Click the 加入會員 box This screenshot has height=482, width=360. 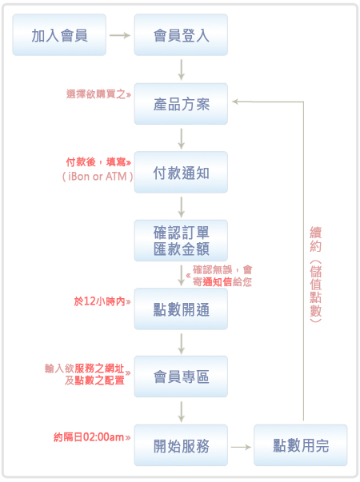pyautogui.click(x=59, y=34)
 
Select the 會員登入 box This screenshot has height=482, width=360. pyautogui.click(x=181, y=34)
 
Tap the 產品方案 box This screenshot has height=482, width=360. pyautogui.click(x=181, y=104)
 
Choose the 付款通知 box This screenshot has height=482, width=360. pyautogui.click(x=181, y=172)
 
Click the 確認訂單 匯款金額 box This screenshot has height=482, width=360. pyautogui.click(x=181, y=241)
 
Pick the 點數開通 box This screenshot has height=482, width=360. pyautogui.click(x=181, y=309)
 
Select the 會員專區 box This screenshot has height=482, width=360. pyautogui.click(x=181, y=376)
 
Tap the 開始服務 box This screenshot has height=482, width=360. pyautogui.click(x=181, y=445)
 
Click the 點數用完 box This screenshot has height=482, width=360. pyautogui.click(x=301, y=445)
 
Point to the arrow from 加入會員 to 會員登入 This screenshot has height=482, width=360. pyautogui.click(x=120, y=35)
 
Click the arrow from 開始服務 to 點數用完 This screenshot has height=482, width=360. pyautogui.click(x=241, y=447)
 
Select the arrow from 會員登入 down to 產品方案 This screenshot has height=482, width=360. pyautogui.click(x=182, y=70)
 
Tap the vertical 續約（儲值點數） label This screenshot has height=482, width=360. pyautogui.click(x=316, y=274)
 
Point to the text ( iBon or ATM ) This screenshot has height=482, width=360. pyautogui.click(x=98, y=177)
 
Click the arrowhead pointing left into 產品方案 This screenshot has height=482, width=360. pyautogui.click(x=235, y=102)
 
